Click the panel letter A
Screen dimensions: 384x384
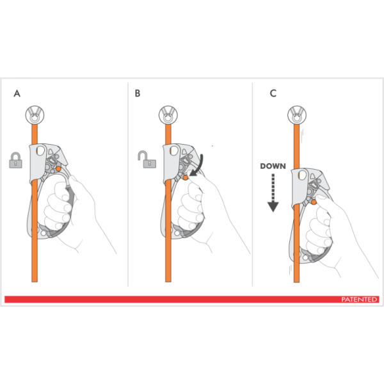tap(17, 93)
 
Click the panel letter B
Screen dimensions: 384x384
tap(138, 93)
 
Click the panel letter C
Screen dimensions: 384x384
tap(273, 93)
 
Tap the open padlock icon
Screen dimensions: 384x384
tap(147, 158)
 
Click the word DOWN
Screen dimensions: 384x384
tap(272, 166)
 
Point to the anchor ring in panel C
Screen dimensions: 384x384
tap(299, 116)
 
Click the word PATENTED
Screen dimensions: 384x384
tap(359, 300)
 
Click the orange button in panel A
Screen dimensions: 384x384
tap(59, 168)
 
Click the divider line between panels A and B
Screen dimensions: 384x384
tap(128, 186)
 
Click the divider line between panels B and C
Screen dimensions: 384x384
tap(253, 186)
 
